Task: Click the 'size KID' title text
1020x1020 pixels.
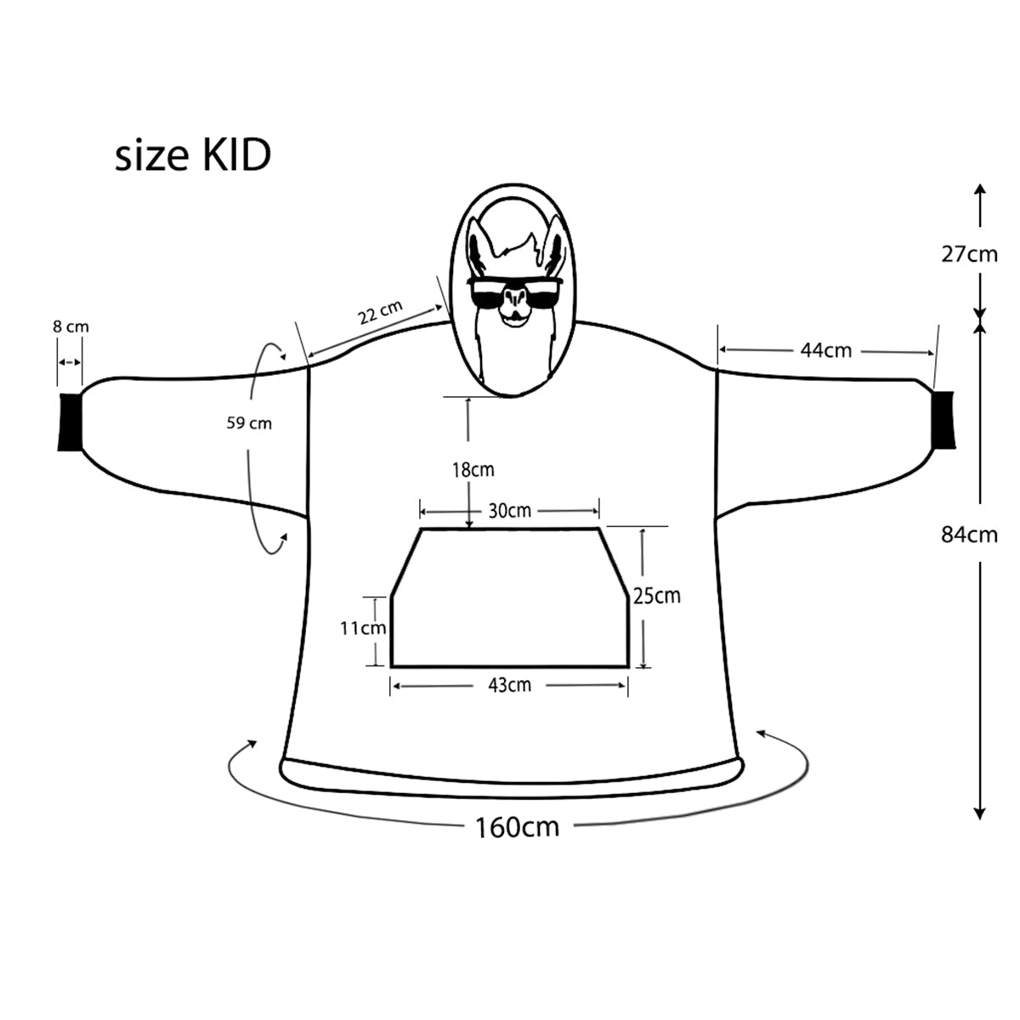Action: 193,156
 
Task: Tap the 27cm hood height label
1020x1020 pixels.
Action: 968,254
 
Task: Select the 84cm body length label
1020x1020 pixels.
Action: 968,535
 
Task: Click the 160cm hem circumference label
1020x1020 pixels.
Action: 517,826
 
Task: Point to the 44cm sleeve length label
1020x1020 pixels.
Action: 825,349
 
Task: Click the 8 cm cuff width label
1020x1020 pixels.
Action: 70,326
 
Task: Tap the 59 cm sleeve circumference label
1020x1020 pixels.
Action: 249,422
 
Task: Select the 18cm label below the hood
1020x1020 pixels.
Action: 473,469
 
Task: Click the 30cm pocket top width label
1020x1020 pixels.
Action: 509,510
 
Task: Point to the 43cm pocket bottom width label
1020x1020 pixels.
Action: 508,684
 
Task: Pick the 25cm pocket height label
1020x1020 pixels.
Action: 656,596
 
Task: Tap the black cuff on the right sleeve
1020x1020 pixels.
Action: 943,420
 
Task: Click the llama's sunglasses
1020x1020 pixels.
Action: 513,294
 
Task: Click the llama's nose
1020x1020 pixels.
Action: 513,300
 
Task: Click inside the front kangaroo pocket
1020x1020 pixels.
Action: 510,603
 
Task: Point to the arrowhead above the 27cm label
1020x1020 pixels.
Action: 980,190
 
